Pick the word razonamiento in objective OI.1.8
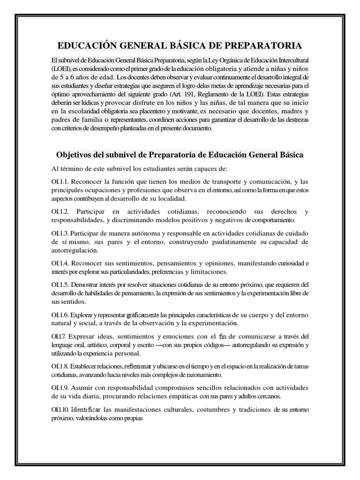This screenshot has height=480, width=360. pos(201,375)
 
